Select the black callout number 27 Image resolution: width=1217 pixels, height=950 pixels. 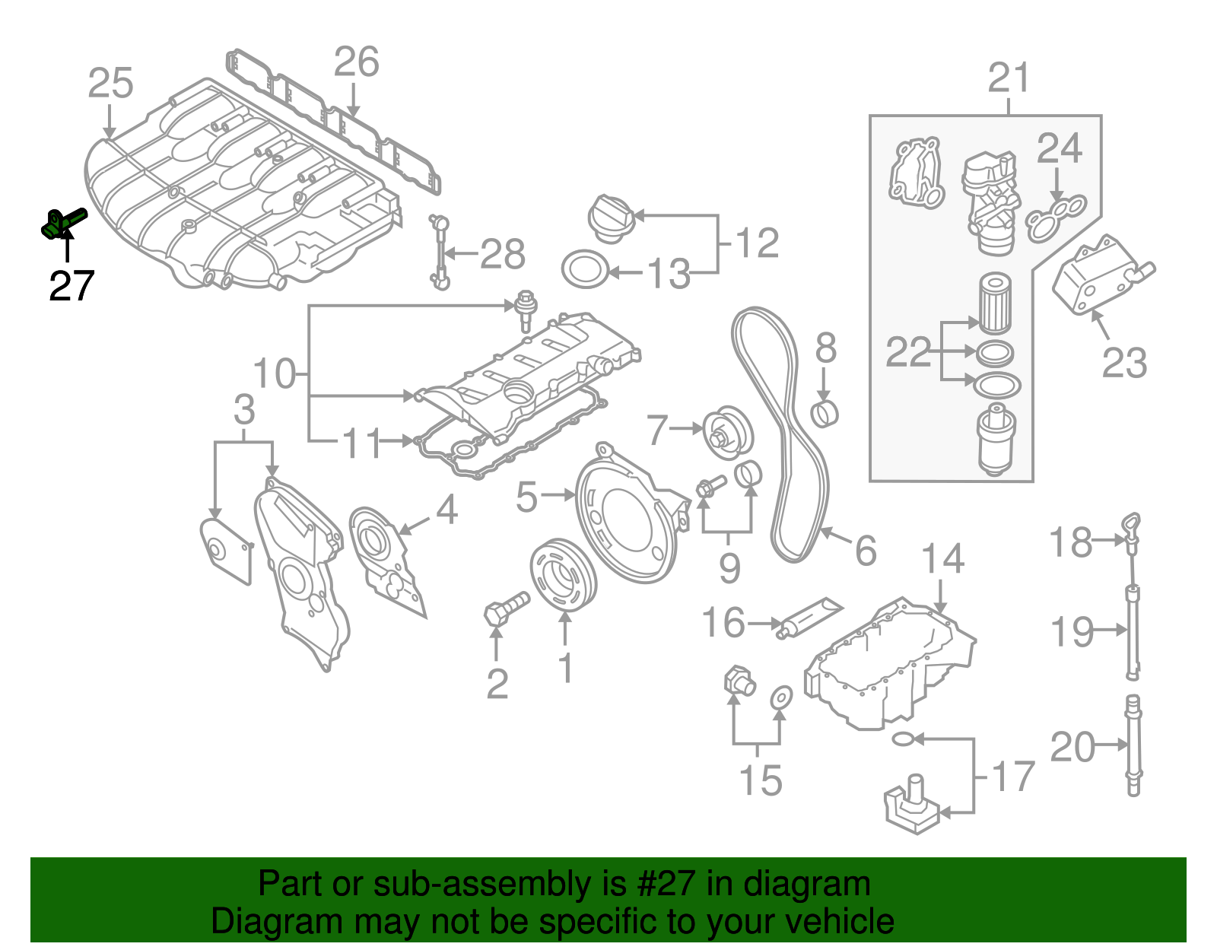[71, 287]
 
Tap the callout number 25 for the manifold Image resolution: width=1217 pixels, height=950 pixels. [110, 84]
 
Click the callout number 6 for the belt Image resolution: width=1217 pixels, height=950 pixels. [866, 551]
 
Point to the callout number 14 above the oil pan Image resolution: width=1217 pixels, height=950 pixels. [943, 559]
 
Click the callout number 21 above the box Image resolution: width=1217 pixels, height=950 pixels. [1009, 78]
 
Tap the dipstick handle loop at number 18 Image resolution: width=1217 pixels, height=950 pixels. [1133, 526]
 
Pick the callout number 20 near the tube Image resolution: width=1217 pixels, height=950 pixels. [1072, 748]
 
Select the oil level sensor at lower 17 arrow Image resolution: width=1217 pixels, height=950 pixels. [913, 808]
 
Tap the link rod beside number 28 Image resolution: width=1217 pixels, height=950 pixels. [441, 252]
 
